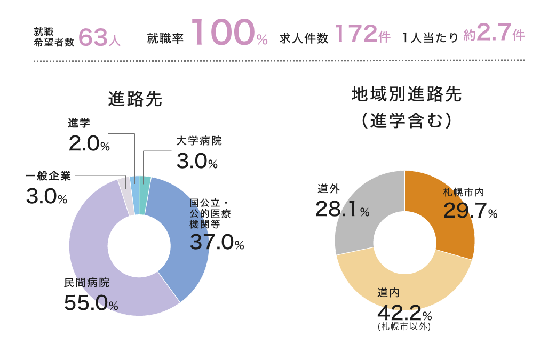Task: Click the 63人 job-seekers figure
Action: (99, 37)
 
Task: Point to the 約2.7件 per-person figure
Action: (494, 35)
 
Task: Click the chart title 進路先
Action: (135, 99)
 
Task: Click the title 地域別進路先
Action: (407, 95)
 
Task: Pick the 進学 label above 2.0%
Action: (79, 123)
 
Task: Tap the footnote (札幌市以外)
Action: (404, 326)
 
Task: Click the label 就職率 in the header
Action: (165, 38)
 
